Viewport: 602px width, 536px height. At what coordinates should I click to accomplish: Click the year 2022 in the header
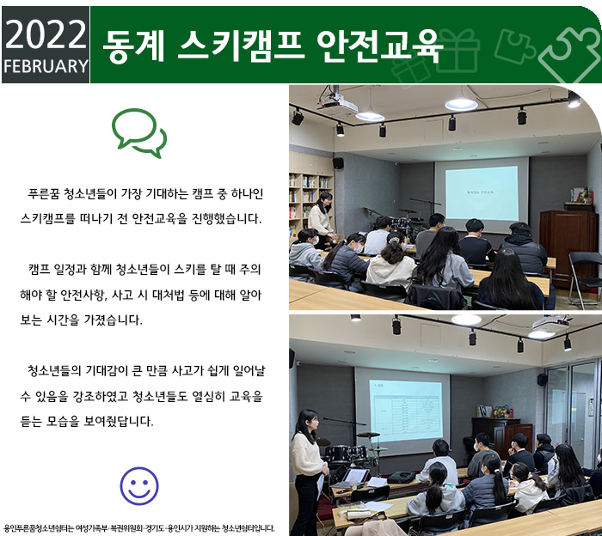point(46,34)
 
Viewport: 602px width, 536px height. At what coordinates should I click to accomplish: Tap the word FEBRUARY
point(46,66)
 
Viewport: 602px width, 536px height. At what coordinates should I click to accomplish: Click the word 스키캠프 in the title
point(240,46)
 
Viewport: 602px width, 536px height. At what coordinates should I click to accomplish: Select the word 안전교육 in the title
point(378,46)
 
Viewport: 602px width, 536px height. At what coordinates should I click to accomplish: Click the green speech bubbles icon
point(139,132)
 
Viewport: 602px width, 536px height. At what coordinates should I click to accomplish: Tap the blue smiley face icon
point(139,485)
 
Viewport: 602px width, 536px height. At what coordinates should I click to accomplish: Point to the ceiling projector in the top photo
point(338,100)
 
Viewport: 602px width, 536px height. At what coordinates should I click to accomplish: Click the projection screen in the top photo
point(482,194)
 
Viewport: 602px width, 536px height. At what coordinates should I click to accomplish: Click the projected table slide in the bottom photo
point(406,411)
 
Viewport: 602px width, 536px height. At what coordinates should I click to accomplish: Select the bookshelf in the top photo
point(310,196)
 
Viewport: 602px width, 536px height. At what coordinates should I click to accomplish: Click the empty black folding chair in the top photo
point(585,278)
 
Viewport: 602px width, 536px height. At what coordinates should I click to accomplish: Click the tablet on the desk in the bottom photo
point(355,476)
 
